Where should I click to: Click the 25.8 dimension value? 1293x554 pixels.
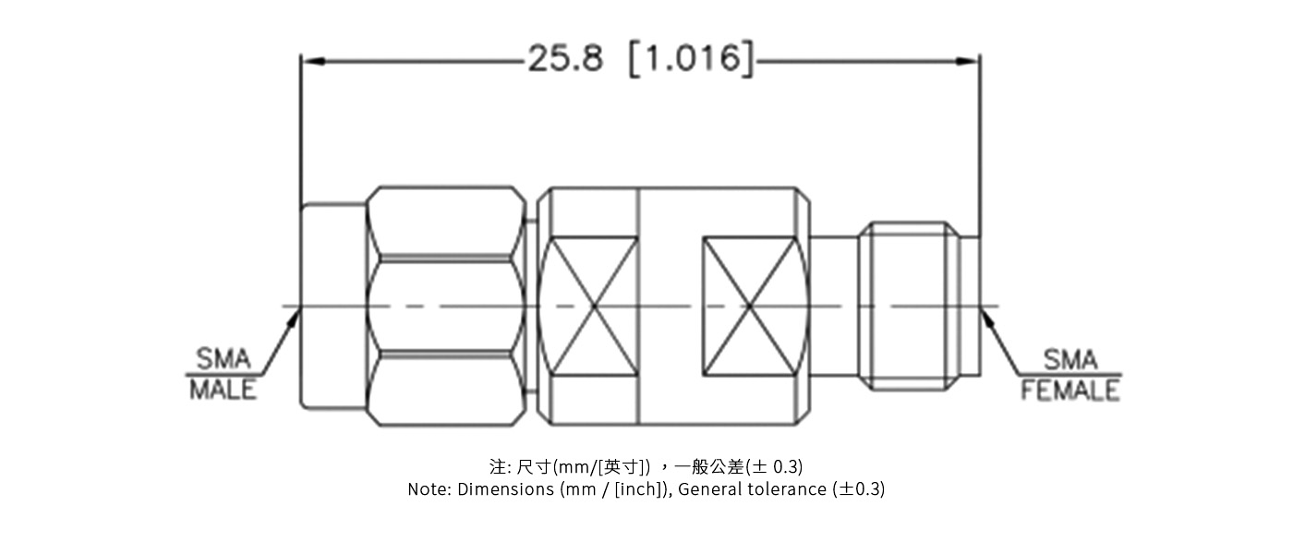564,59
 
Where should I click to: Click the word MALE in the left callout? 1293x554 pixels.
223,390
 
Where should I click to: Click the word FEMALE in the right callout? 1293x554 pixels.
1069,391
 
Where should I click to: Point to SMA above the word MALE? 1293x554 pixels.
223,359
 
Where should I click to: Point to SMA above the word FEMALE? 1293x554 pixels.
1070,359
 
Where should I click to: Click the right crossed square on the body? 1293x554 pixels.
750,307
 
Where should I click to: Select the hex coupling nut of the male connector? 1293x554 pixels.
446,307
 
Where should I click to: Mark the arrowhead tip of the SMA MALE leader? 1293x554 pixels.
298,311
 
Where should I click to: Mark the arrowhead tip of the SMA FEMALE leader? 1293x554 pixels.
983,311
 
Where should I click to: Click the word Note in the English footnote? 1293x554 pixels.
429,489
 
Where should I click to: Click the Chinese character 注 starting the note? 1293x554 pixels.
497,466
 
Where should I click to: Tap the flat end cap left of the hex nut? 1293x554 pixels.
333,307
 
